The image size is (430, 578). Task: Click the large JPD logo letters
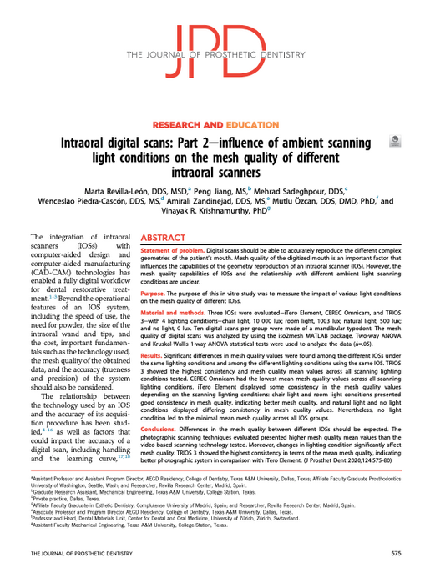pos(214,46)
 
